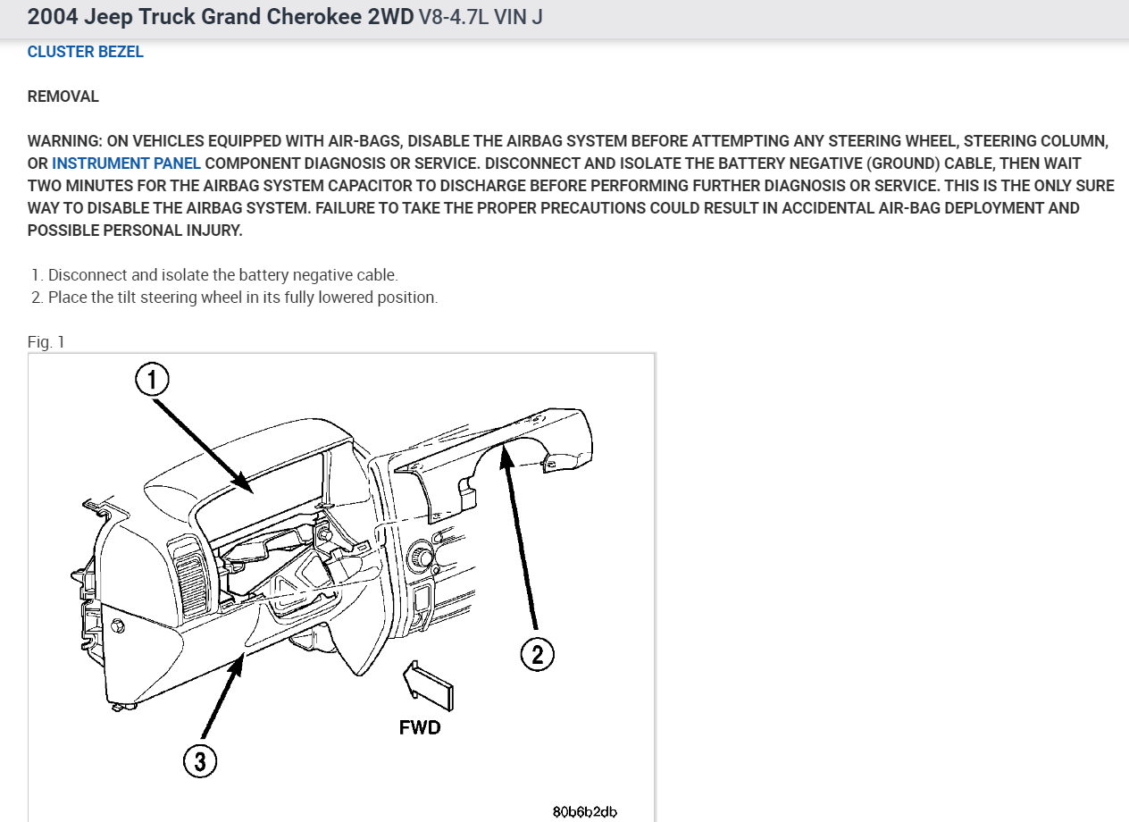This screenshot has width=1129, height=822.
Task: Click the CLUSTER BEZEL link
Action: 85,52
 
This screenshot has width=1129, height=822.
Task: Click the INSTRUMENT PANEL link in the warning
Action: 126,164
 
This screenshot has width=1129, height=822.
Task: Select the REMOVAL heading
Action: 63,96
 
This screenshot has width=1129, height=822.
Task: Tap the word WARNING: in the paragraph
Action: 64,141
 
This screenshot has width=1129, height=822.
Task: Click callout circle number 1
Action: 152,380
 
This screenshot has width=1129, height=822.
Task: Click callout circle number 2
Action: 537,654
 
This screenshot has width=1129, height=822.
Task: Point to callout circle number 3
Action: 200,761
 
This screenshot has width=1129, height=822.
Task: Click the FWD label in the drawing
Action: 420,727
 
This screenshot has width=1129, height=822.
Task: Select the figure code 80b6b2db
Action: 585,811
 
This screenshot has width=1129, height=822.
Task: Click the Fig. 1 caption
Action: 46,342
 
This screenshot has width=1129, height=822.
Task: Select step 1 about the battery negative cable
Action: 222,275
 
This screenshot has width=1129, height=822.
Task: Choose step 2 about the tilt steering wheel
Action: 241,298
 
